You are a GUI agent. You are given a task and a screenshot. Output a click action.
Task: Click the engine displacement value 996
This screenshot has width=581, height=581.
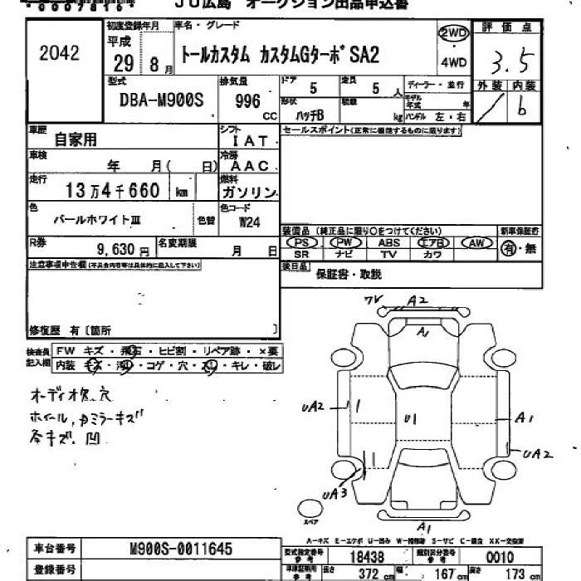247,101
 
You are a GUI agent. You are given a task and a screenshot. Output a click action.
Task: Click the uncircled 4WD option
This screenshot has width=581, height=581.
453,62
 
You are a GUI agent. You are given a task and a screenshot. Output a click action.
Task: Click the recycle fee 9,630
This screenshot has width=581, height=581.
117,248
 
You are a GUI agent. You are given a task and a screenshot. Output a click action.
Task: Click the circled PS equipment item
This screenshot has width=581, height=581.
303,242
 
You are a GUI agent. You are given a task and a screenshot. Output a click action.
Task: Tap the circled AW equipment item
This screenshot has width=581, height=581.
476,242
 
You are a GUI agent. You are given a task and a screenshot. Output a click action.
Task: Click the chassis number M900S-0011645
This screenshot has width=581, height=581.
182,549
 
